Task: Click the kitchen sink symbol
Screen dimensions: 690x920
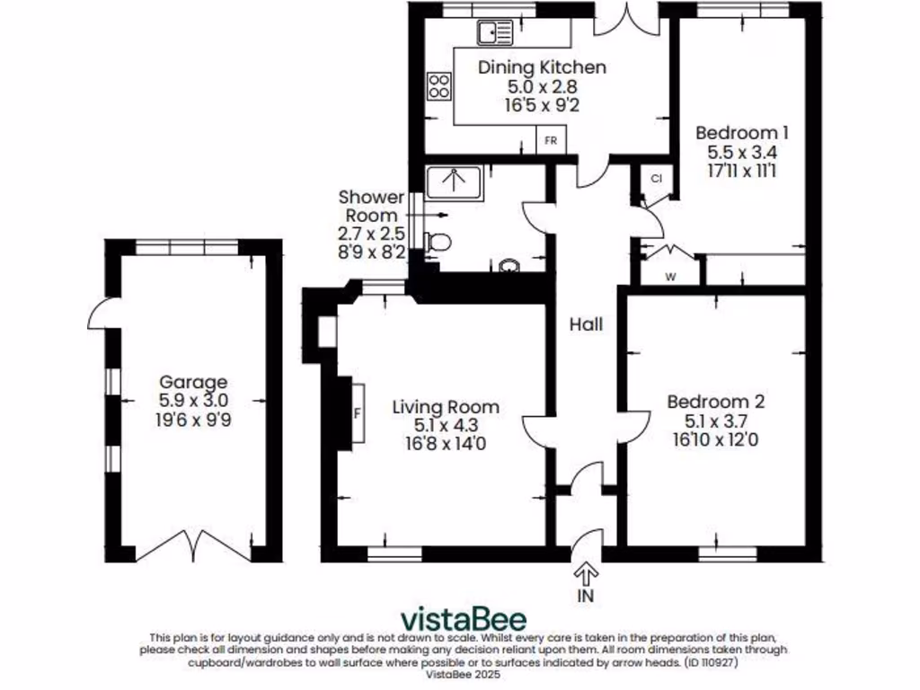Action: point(495,33)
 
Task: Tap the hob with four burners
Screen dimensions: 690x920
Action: point(439,86)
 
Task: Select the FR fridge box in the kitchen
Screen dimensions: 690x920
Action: point(551,142)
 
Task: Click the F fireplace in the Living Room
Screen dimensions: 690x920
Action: point(358,413)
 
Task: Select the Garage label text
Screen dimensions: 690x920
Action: point(193,382)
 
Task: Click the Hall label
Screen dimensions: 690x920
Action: point(586,324)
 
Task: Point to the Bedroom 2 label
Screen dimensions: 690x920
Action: point(715,402)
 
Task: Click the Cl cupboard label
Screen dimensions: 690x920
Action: point(656,179)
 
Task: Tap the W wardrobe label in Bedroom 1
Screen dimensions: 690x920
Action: point(670,276)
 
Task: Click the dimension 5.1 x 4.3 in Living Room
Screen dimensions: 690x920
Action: point(445,425)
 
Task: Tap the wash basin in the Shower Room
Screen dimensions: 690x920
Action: point(509,265)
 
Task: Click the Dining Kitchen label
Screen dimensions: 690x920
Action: point(542,67)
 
